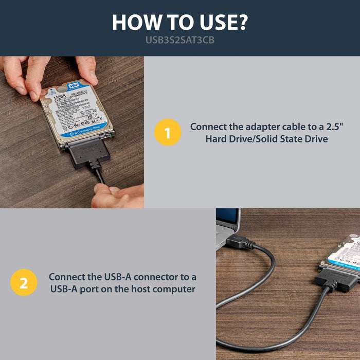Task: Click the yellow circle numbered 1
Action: (168, 133)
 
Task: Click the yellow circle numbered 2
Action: (24, 282)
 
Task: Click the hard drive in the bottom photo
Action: (345, 252)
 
